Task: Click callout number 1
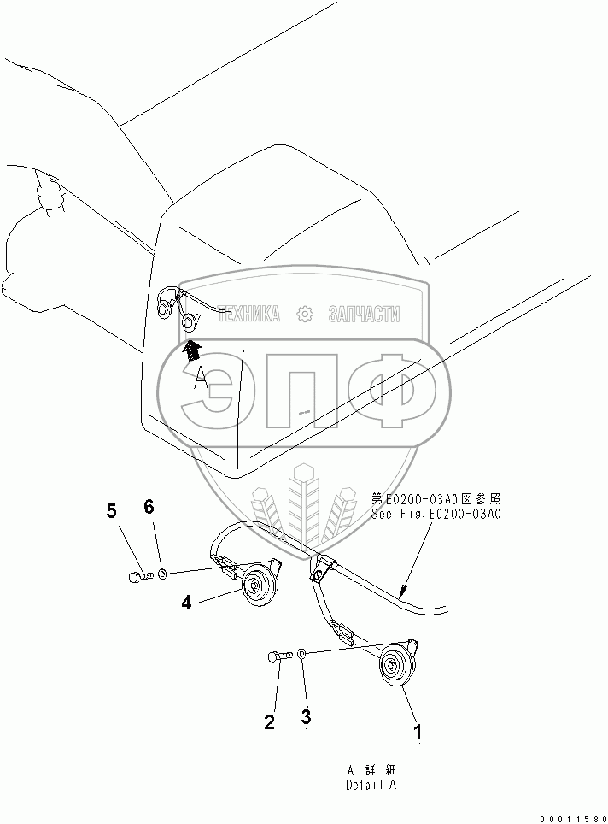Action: pos(418,732)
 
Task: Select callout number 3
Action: pos(305,715)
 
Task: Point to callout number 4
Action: pos(187,603)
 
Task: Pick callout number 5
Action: pos(112,511)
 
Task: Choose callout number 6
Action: pos(149,507)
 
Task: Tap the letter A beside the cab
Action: pos(200,378)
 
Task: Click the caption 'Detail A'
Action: pos(371,785)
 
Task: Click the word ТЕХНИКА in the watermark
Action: pos(249,315)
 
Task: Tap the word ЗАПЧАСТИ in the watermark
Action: pos(365,315)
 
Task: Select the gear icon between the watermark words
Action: pos(304,315)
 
